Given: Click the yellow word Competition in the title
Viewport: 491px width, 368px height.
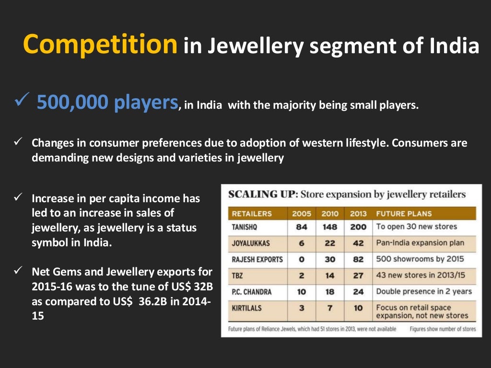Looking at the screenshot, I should click(100, 45).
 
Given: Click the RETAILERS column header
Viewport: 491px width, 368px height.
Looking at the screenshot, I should click(252, 214).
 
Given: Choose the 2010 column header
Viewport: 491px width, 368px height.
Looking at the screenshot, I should click(329, 214).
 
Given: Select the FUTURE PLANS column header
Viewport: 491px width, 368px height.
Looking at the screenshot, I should click(404, 214).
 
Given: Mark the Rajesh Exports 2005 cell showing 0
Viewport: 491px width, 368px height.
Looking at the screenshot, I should click(301, 259).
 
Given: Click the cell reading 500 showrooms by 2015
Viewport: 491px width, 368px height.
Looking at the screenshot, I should click(420, 259).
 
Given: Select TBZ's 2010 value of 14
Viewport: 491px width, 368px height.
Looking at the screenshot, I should click(329, 276).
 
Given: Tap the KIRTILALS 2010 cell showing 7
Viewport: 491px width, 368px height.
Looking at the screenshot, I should click(329, 308).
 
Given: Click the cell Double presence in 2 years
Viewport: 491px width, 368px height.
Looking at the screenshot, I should click(424, 291).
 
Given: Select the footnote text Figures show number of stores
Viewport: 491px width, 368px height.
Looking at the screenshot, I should click(443, 329).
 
